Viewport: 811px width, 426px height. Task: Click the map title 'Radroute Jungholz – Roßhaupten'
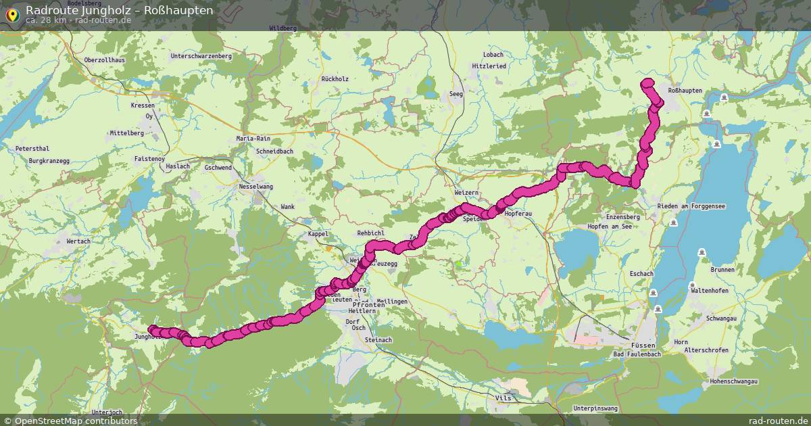(x=120, y=10)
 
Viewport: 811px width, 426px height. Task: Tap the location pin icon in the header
(x=13, y=13)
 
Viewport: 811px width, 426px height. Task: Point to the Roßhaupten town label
(x=685, y=91)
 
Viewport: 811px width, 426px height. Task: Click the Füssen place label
(x=642, y=344)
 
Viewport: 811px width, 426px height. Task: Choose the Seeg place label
(x=456, y=94)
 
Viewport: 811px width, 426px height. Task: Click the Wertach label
(x=78, y=241)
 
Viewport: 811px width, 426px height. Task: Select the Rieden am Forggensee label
(x=691, y=206)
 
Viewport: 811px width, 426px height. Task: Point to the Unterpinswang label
(x=595, y=408)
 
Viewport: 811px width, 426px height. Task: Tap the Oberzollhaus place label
(x=105, y=60)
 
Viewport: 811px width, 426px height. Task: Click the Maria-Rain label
(x=253, y=139)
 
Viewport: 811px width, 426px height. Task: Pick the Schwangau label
(x=720, y=318)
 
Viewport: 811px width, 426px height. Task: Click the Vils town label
(x=503, y=398)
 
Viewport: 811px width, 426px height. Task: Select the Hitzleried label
(x=489, y=66)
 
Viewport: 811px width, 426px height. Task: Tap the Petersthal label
(x=32, y=148)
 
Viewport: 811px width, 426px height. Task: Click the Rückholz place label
(x=335, y=79)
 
